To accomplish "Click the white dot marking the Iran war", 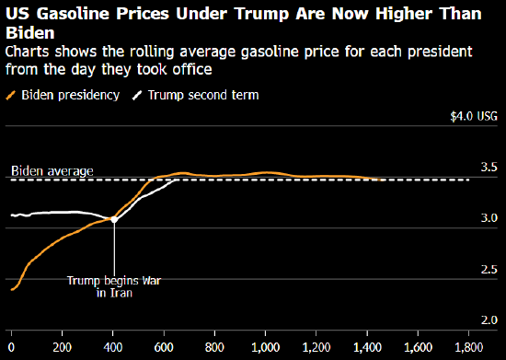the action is pos(114,219).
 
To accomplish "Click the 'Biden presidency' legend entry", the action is pos(63,95).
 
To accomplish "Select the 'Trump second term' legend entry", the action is pos(196,95).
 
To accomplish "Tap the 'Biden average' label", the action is pos(52,171).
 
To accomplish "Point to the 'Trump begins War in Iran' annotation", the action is pos(114,286).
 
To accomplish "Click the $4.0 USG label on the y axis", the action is pos(474,116).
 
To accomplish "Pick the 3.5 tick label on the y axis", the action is pos(489,167).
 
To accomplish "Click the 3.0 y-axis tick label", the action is pos(489,218).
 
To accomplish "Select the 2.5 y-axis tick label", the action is pos(489,269).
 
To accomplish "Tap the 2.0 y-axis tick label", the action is pos(489,320).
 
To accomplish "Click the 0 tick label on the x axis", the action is pos(11,347).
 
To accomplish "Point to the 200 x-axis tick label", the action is pos(62,347).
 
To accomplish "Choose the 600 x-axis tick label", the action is pos(164,347).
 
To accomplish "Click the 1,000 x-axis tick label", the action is pos(265,347).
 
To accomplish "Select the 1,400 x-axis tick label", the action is pos(367,347).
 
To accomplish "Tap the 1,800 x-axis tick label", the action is pos(469,347).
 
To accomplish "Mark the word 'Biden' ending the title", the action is pos(30,33).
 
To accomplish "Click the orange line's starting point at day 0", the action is pos(12,290).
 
